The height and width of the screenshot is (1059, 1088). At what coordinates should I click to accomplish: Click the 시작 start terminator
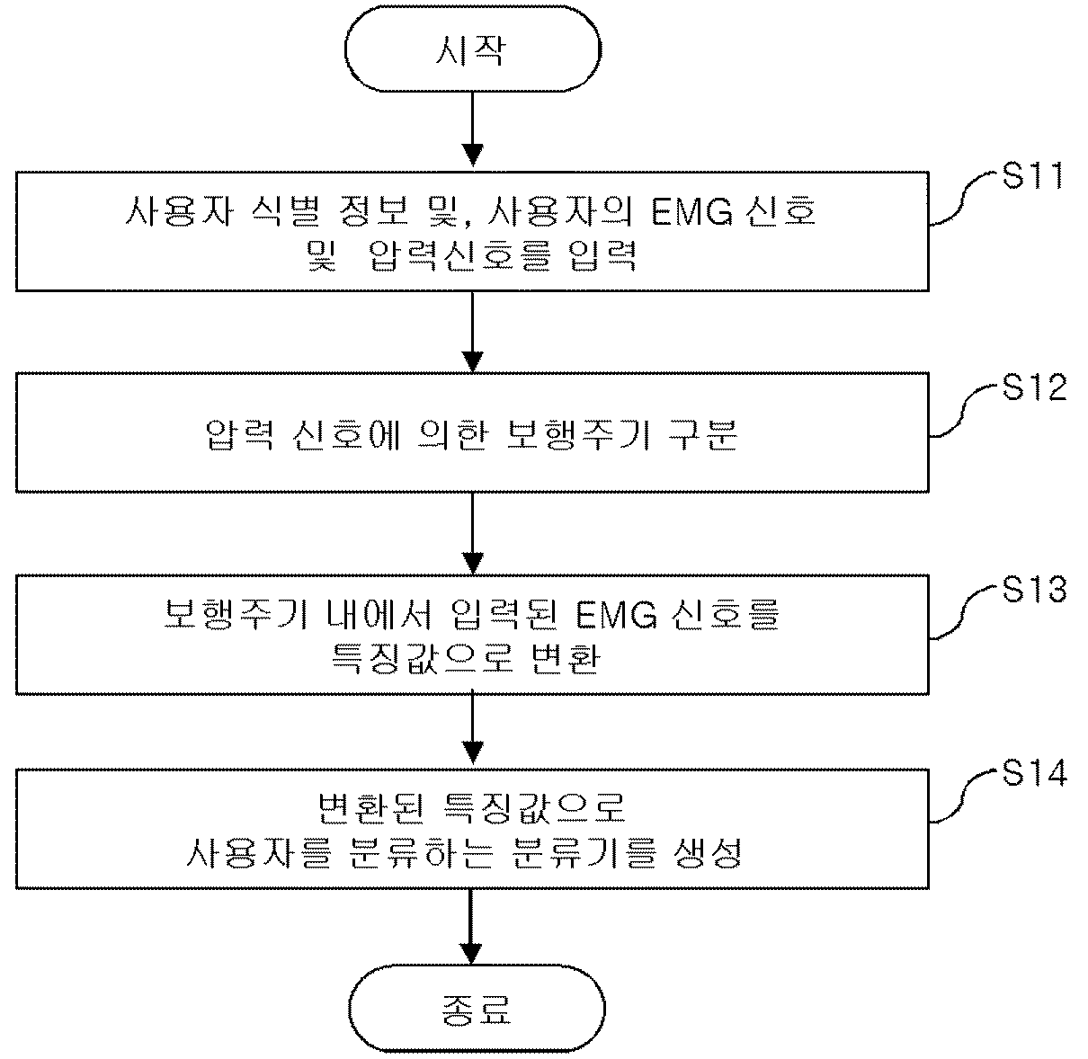click(473, 49)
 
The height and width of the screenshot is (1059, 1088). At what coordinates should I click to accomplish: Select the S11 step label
click(1032, 176)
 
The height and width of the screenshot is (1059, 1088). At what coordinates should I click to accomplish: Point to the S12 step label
click(1034, 387)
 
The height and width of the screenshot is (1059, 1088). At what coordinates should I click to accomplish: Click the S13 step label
click(1034, 589)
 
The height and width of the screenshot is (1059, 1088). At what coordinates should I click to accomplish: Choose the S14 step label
click(1034, 773)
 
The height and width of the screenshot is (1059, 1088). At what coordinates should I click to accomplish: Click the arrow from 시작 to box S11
click(473, 129)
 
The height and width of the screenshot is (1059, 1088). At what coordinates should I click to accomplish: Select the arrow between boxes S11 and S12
click(473, 332)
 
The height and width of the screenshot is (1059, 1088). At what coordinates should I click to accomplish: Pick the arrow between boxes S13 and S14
click(473, 728)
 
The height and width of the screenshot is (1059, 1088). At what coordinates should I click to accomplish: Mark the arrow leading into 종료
click(471, 927)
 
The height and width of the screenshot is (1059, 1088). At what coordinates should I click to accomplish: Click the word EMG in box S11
click(692, 212)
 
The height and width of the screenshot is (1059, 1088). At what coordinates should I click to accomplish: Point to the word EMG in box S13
click(616, 615)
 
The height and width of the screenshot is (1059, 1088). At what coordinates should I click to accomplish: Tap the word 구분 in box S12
click(703, 434)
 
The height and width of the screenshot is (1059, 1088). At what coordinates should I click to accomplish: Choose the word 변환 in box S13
click(566, 659)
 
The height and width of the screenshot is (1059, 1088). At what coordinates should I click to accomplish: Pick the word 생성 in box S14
click(709, 852)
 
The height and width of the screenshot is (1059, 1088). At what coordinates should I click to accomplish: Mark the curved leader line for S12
click(963, 411)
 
